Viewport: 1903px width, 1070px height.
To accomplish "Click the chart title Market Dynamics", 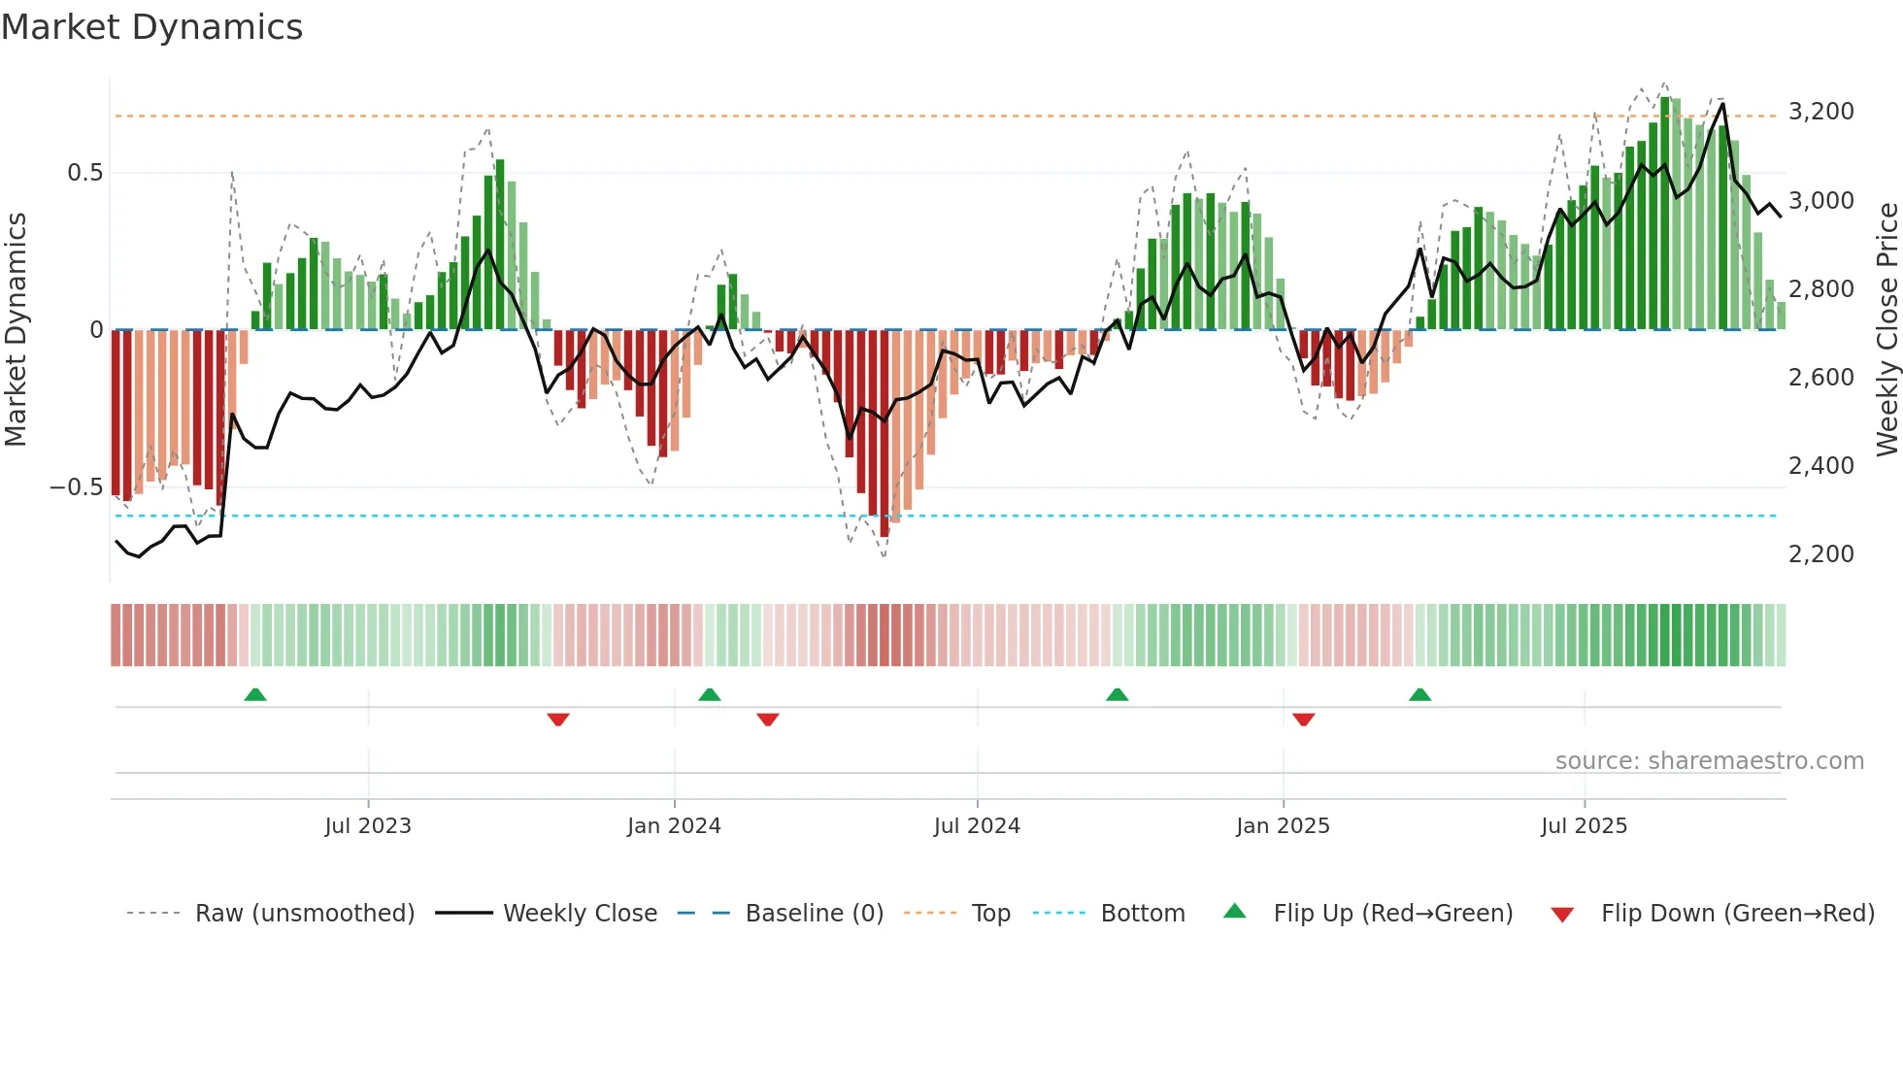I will [x=151, y=27].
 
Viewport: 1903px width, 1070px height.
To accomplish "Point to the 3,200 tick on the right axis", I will [x=1820, y=112].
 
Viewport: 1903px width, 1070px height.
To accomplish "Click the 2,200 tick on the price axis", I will [x=1820, y=554].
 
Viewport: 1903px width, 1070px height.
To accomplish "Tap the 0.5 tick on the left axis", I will [x=84, y=173].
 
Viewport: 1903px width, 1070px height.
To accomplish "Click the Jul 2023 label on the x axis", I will [x=368, y=826].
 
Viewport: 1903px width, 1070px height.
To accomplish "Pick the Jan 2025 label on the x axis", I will [x=1283, y=826].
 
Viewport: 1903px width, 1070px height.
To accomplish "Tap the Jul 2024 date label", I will [x=977, y=826].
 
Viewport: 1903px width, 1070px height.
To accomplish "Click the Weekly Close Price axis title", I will [x=1886, y=329].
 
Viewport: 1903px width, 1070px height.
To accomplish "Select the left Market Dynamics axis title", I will [x=16, y=329].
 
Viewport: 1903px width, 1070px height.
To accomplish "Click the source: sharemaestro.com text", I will [x=1709, y=761].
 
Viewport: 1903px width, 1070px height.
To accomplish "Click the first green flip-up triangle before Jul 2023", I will [x=255, y=695].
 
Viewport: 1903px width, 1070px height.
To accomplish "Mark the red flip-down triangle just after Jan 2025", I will [x=1304, y=719].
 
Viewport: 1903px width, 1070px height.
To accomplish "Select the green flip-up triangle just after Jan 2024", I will [x=710, y=695].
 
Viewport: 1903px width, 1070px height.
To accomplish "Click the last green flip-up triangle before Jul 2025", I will [x=1420, y=695].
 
